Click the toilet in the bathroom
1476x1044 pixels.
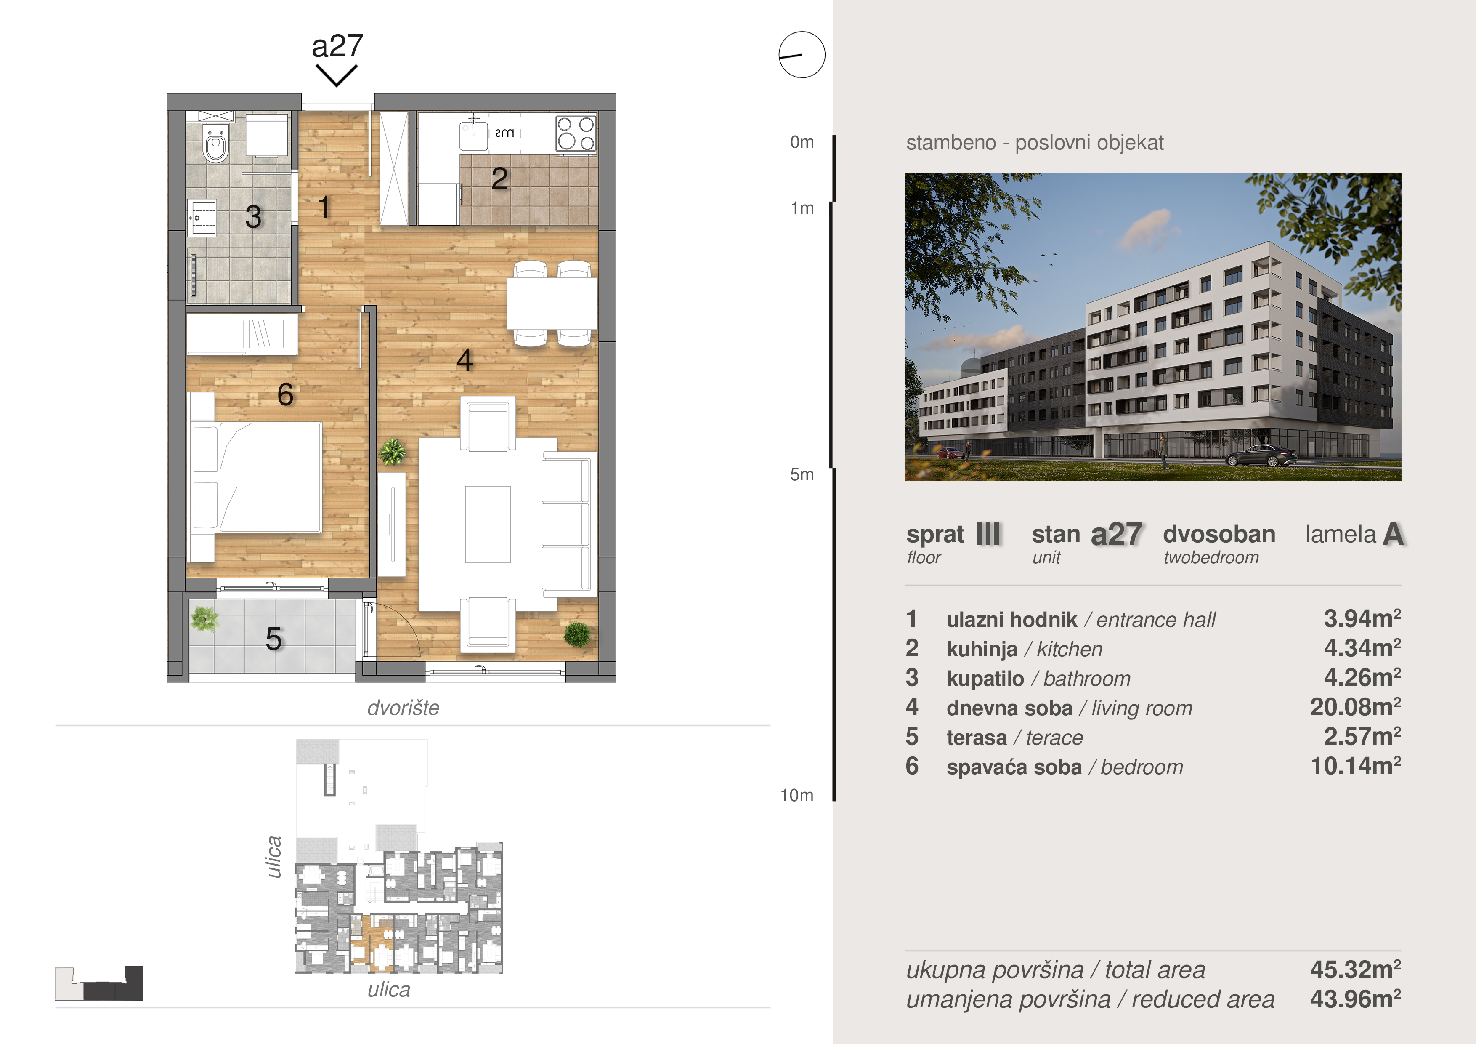[215, 143]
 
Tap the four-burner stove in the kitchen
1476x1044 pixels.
[576, 133]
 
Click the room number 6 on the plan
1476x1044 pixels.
[285, 394]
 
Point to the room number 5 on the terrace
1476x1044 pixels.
[274, 639]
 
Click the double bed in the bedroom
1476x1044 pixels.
[255, 477]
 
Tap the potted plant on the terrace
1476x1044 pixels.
[204, 619]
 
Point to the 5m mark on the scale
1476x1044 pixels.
[802, 475]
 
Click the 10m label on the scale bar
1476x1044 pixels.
[797, 796]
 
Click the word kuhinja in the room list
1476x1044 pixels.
[982, 650]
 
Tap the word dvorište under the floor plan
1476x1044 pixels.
[403, 708]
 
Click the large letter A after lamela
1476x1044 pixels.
[1392, 534]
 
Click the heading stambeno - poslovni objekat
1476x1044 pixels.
[1034, 143]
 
